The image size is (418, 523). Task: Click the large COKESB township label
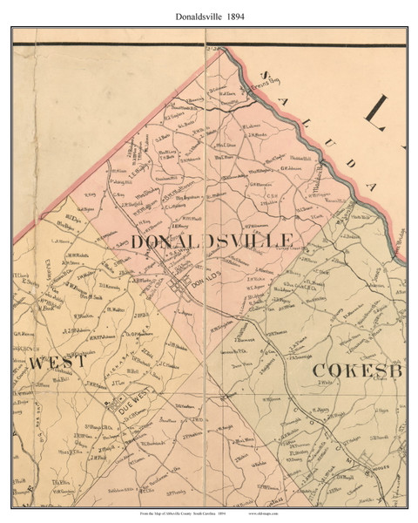[356, 370]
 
